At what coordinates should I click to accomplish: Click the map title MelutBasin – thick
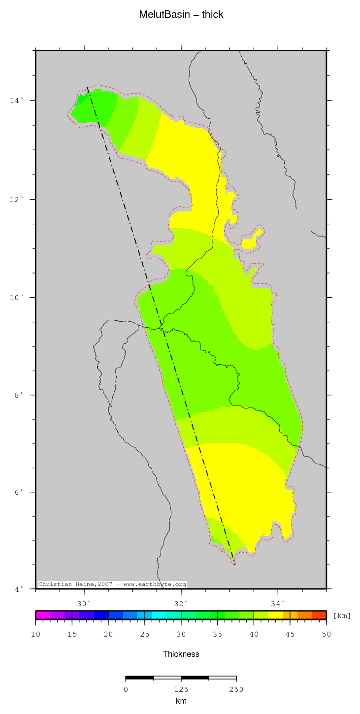click(181, 15)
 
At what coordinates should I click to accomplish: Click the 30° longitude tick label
click(85, 604)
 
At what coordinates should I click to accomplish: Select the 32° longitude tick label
click(181, 604)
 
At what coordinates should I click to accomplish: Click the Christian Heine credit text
click(112, 584)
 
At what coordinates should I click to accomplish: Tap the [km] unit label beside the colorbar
click(342, 615)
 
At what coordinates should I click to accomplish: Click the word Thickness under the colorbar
click(181, 654)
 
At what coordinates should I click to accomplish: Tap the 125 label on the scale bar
click(181, 689)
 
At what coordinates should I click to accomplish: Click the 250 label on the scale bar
click(236, 689)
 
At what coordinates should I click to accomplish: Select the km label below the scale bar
click(181, 701)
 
